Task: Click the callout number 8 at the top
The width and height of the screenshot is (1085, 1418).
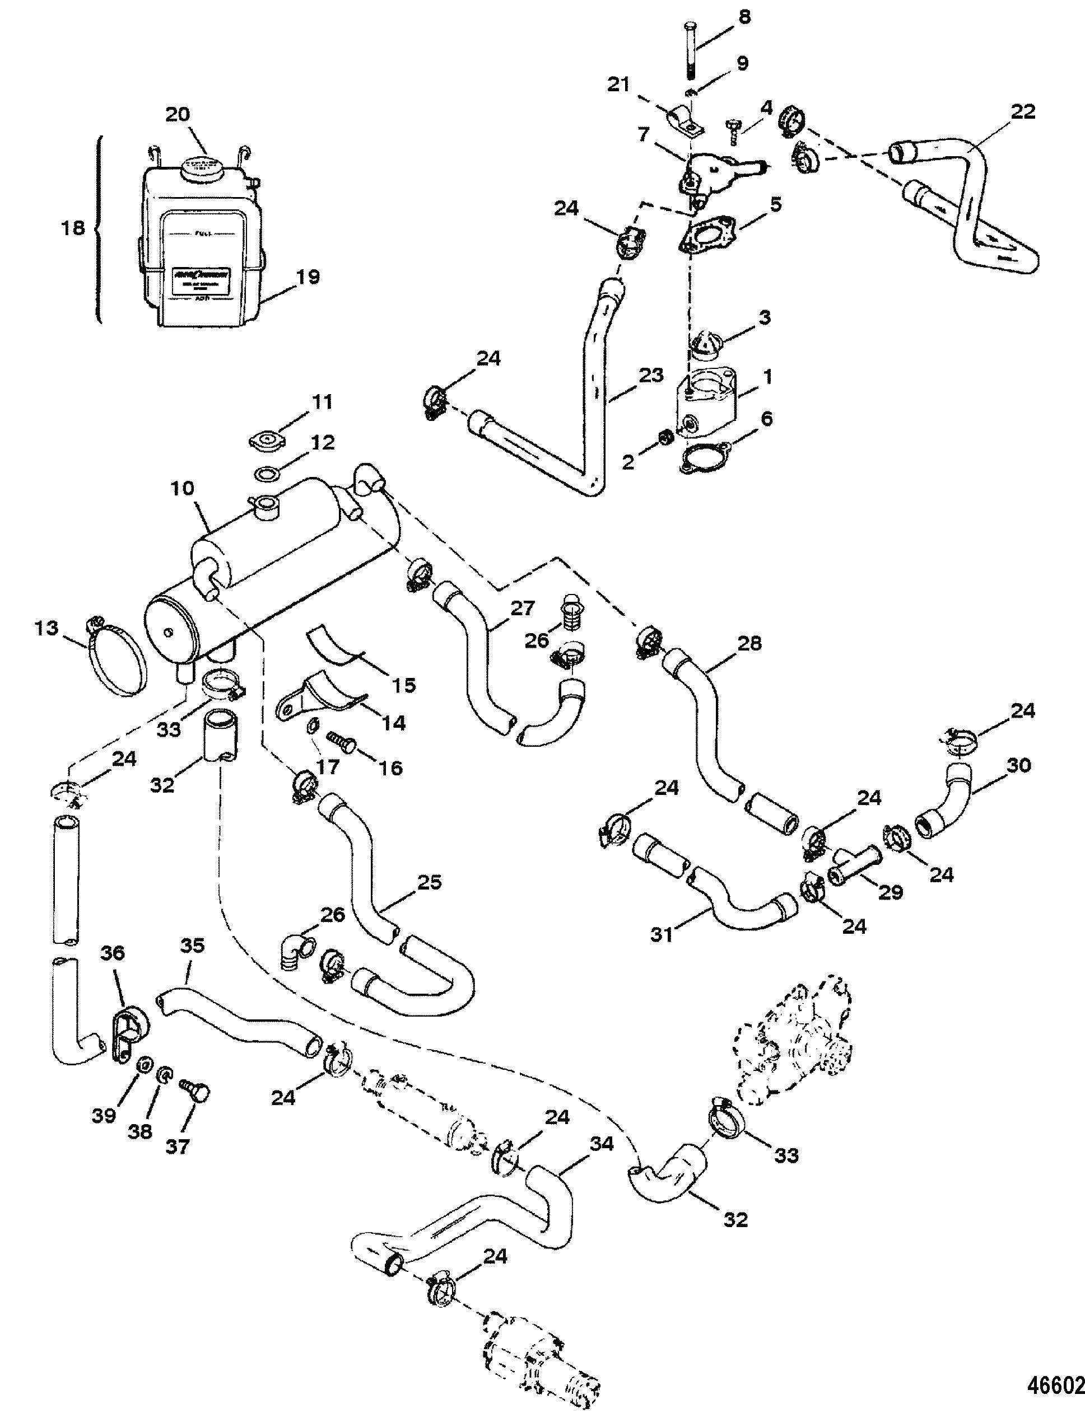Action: (744, 17)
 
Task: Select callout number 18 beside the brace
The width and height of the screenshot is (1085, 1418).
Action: (74, 228)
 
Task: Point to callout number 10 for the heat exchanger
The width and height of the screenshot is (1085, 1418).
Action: (183, 489)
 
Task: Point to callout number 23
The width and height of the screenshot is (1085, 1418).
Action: (650, 376)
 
